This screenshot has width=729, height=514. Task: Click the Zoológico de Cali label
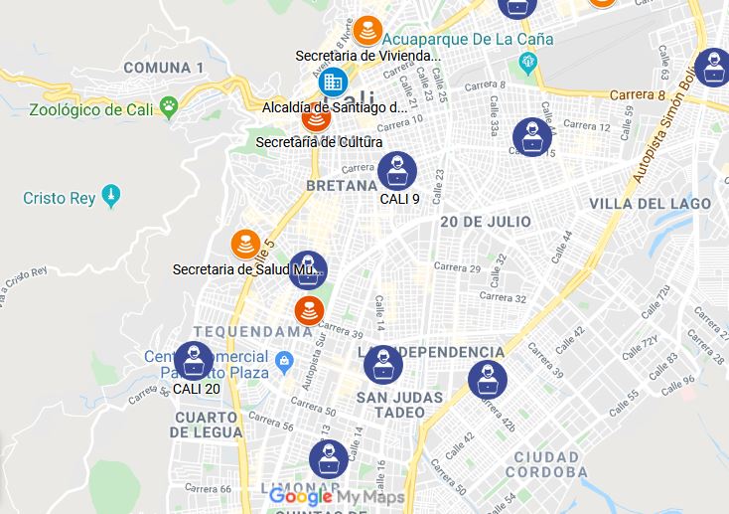tap(91, 109)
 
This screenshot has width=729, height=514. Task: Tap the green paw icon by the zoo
tap(170, 103)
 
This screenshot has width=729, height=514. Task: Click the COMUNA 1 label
tap(164, 68)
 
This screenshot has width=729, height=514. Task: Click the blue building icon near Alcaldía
tap(333, 81)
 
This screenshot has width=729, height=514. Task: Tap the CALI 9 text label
tap(399, 199)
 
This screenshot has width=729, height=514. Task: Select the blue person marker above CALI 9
tap(397, 171)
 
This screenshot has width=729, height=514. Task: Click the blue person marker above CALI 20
tap(194, 361)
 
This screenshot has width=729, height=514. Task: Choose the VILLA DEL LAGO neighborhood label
tap(651, 204)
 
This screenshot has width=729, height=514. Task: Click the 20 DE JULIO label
tap(486, 222)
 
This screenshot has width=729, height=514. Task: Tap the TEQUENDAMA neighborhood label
tap(253, 331)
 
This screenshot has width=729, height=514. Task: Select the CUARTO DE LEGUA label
tap(206, 425)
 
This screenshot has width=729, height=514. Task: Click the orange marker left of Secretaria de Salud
tap(245, 244)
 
